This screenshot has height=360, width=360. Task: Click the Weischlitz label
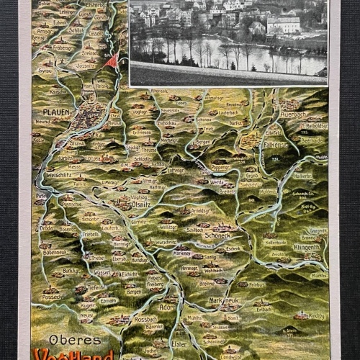[x=53, y=174]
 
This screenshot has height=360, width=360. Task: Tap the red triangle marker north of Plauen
[x=110, y=59]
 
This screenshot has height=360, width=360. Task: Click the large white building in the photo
[x=283, y=26]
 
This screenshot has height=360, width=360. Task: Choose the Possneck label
[x=53, y=296]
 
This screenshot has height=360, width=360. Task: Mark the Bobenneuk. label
[x=55, y=253]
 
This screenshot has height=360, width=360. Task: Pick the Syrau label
[x=45, y=71]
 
